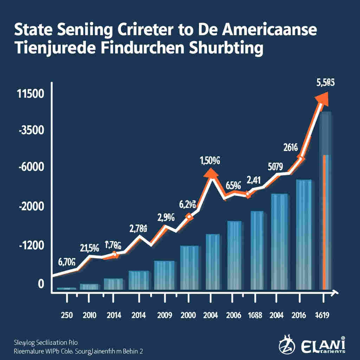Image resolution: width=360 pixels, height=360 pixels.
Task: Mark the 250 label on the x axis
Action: pyautogui.click(x=66, y=315)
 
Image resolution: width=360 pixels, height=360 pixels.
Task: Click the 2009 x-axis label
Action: pyautogui.click(x=165, y=315)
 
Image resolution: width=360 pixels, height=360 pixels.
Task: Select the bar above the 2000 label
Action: pyautogui.click(x=189, y=267)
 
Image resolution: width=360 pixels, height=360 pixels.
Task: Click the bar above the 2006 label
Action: pyautogui.click(x=234, y=255)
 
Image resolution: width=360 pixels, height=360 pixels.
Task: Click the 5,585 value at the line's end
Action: pyautogui.click(x=326, y=83)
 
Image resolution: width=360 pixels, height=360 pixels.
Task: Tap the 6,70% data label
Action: pyautogui.click(x=66, y=261)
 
